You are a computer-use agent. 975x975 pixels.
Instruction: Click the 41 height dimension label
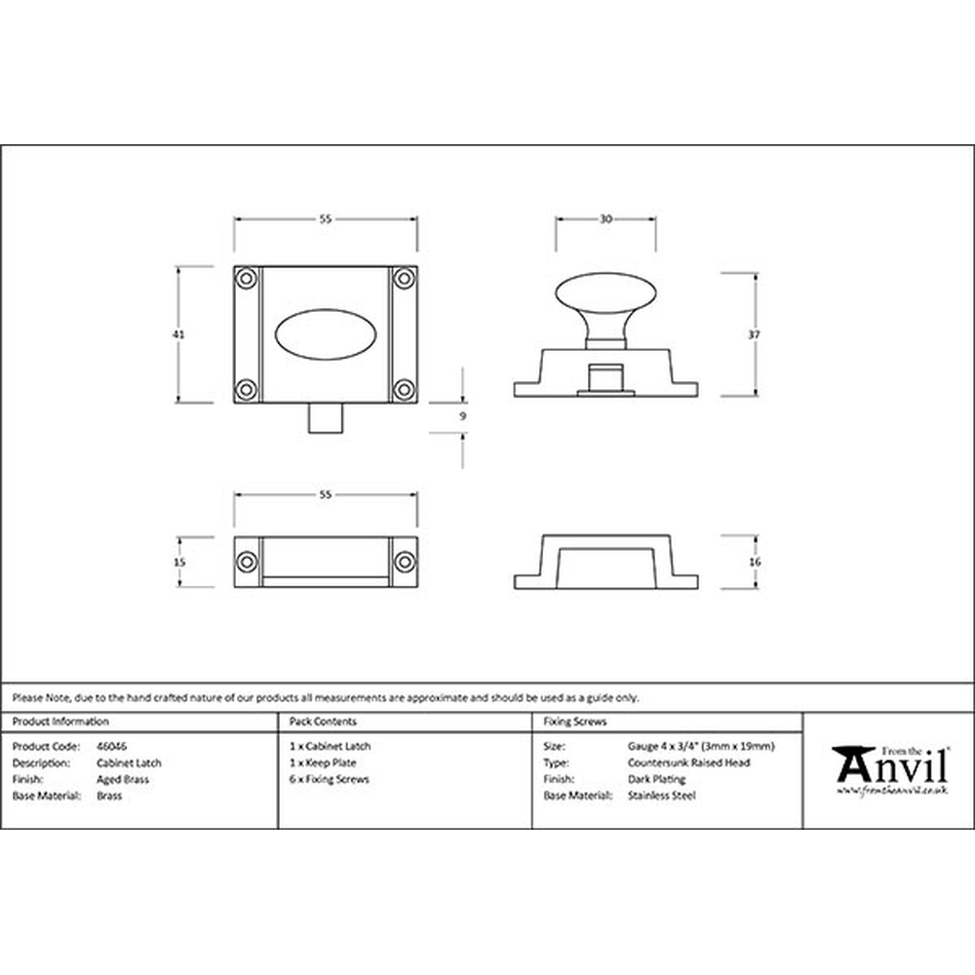coord(178,334)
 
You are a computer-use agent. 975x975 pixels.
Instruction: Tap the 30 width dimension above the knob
coord(605,218)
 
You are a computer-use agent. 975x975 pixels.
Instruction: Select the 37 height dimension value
coord(755,334)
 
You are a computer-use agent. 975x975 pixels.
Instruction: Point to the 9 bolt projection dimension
coord(462,416)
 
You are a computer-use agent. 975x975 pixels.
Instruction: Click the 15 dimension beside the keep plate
coord(179,563)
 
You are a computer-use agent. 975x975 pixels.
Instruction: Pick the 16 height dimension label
coord(755,563)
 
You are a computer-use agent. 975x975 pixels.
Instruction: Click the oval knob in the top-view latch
coord(326,334)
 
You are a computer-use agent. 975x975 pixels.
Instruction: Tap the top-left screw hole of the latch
coord(247,278)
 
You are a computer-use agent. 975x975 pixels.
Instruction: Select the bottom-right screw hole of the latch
coord(405,390)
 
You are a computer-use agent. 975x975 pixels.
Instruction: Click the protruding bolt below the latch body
coord(326,417)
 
